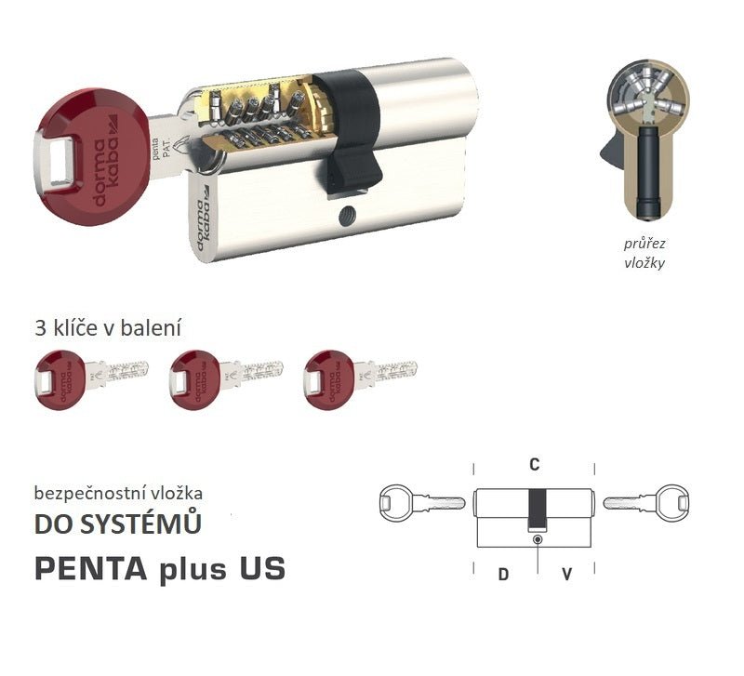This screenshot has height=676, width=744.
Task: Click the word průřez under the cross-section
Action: pos(645,244)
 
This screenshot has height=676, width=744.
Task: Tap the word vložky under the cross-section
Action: pos(645,262)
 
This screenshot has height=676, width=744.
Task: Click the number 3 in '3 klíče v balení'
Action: pos(39,327)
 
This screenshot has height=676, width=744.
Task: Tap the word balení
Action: pos(153,327)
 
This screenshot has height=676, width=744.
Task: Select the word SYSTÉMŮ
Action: pos(145,525)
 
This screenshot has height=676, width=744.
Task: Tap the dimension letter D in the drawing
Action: pos(503,574)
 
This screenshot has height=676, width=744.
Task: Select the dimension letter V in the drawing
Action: pos(566,574)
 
